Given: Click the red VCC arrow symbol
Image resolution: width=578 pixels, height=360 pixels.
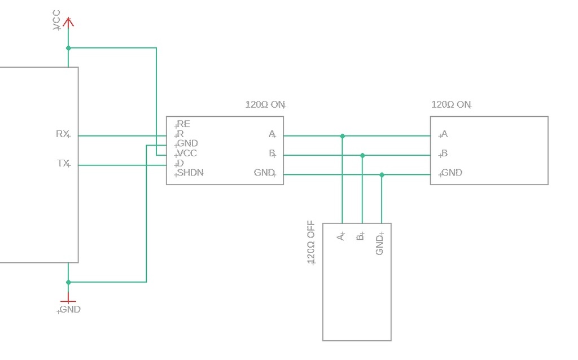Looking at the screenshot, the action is pyautogui.click(x=68, y=22).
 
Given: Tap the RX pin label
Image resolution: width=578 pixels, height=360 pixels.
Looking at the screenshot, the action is pyautogui.click(x=62, y=134).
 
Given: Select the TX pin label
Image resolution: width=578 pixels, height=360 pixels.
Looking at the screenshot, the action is pyautogui.click(x=63, y=163).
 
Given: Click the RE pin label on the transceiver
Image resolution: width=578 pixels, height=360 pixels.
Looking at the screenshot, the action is pyautogui.click(x=183, y=124).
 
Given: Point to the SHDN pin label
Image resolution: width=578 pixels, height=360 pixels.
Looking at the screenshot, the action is pyautogui.click(x=190, y=173).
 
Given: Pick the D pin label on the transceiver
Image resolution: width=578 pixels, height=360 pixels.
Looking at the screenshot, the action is pyautogui.click(x=180, y=163).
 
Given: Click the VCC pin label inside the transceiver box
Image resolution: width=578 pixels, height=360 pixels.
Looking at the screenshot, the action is pyautogui.click(x=187, y=153).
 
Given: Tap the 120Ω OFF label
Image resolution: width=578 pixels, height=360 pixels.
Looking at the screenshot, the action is pyautogui.click(x=311, y=243).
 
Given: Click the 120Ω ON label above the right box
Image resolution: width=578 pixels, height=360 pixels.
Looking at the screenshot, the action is pyautogui.click(x=451, y=104).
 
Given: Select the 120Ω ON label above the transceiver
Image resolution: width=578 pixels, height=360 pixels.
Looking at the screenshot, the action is pyautogui.click(x=265, y=104).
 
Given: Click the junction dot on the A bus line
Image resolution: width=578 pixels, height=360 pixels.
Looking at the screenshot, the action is pyautogui.click(x=343, y=136).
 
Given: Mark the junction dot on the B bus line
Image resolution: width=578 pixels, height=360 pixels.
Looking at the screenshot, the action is pyautogui.click(x=362, y=156).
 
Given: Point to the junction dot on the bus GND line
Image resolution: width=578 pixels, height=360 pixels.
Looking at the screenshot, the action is pyautogui.click(x=382, y=175).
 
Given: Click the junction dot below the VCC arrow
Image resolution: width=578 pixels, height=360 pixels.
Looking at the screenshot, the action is pyautogui.click(x=68, y=48).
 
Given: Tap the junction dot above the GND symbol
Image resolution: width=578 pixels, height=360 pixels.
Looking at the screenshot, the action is pyautogui.click(x=68, y=282).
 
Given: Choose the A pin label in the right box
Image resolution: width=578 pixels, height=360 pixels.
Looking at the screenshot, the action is pyautogui.click(x=444, y=134).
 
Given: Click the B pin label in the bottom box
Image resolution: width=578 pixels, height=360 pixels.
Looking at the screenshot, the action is pyautogui.click(x=360, y=236).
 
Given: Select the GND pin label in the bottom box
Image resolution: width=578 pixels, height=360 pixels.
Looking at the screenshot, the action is pyautogui.click(x=380, y=244).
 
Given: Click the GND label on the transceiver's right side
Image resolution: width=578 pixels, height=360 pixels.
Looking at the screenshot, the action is pyautogui.click(x=264, y=173).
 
